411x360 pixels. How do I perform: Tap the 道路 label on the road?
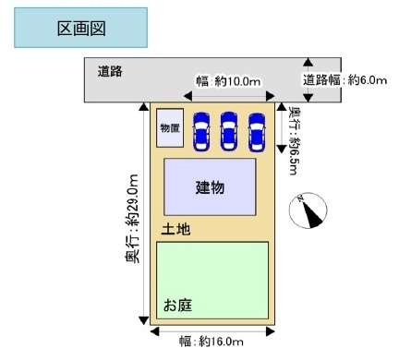click(x=110, y=70)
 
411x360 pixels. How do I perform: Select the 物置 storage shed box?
click(x=170, y=127)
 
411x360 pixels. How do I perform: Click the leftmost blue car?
click(x=200, y=130)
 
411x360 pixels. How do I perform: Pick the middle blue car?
click(x=228, y=130)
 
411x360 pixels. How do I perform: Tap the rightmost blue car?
click(x=255, y=130)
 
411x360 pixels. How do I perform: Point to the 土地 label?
click(x=176, y=228)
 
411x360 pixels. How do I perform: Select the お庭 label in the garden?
click(x=179, y=304)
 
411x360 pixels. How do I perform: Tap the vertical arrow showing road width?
click(x=308, y=79)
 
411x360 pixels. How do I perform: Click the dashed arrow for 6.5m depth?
click(x=282, y=129)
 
